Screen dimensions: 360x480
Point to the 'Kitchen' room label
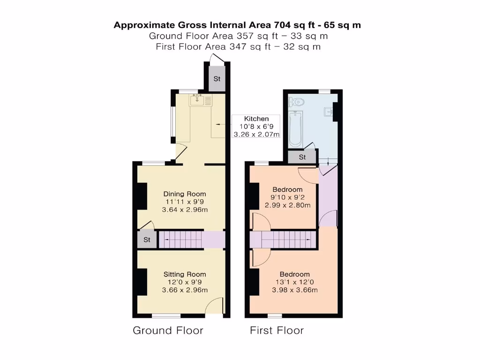click(x=256, y=119)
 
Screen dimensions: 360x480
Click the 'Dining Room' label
click(x=184, y=194)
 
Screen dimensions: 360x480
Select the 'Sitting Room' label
click(x=184, y=274)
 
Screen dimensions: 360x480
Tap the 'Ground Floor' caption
click(x=168, y=330)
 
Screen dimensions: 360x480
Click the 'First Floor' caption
click(x=277, y=330)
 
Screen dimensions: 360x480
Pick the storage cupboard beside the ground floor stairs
click(x=147, y=240)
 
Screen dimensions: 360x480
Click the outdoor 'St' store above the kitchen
click(x=217, y=79)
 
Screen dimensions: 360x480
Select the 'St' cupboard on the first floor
click(x=302, y=157)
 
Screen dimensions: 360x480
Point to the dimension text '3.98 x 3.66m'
click(x=295, y=290)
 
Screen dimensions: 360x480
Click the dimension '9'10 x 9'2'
click(x=286, y=197)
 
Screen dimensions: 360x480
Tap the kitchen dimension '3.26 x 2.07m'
click(x=256, y=135)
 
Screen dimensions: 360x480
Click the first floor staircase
click(x=285, y=240)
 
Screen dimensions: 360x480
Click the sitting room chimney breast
click(x=141, y=282)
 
